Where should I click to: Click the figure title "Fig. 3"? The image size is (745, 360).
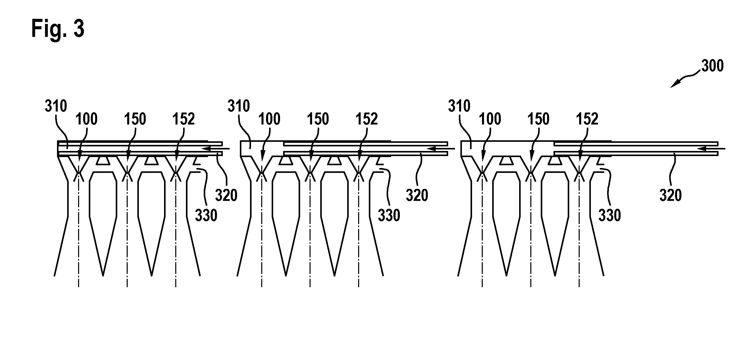click(58, 29)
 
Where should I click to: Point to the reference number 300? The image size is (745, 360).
click(713, 66)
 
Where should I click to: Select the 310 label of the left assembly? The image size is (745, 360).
click(56, 106)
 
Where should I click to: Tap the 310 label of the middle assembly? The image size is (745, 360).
click(239, 106)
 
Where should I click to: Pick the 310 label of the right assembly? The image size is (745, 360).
click(459, 106)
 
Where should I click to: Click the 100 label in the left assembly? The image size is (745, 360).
click(86, 119)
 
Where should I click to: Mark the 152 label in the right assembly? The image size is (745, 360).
click(587, 119)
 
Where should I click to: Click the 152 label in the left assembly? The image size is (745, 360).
click(184, 119)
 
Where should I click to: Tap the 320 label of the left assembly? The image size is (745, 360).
click(226, 195)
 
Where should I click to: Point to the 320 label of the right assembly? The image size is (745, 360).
click(671, 195)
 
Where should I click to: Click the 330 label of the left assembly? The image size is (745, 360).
click(206, 215)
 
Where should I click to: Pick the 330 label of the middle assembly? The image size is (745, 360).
click(389, 215)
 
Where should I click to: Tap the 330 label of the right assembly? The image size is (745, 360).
click(610, 215)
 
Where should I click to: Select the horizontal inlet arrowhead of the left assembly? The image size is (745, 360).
click(207, 149)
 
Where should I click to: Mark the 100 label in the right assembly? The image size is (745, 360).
click(490, 119)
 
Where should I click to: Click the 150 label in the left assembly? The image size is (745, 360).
click(135, 119)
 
